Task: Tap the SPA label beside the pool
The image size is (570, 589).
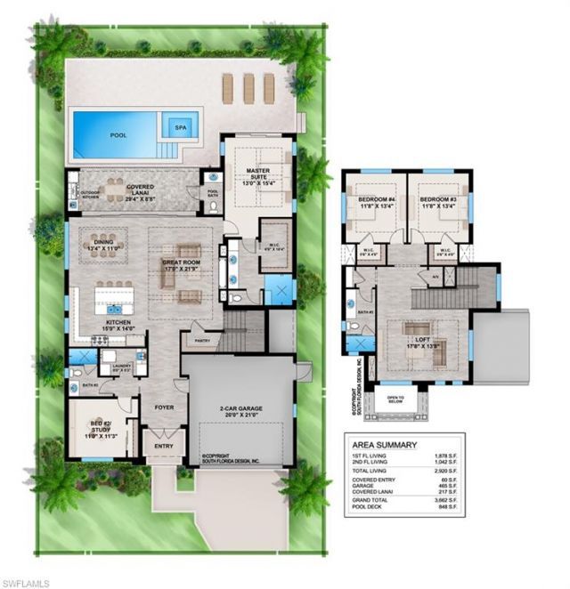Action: [x=183, y=126]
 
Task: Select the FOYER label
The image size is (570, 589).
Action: [x=163, y=408]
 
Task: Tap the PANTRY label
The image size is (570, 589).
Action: [x=201, y=340]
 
